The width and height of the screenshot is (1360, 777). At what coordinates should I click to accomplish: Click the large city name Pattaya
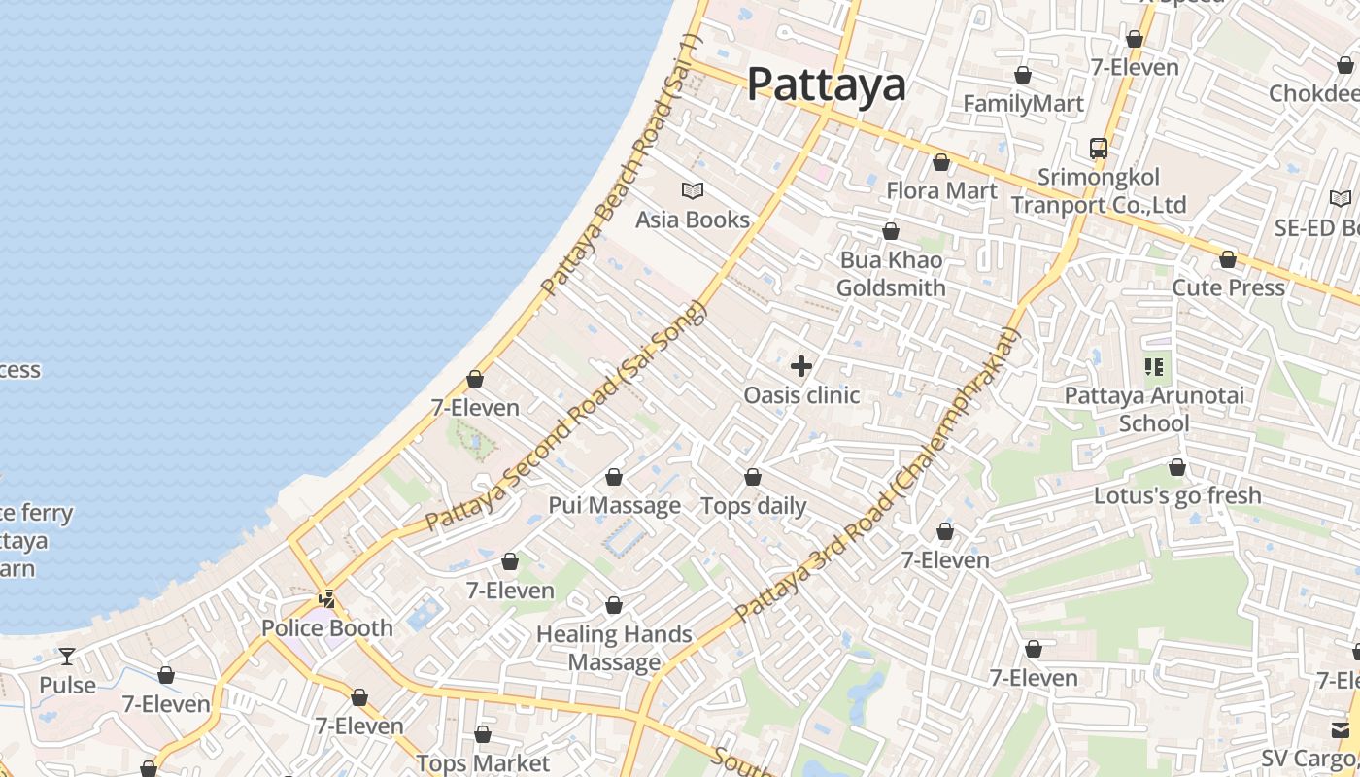826,84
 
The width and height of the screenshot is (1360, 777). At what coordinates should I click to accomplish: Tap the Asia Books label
693,220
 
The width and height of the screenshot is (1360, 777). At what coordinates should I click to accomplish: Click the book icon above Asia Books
693,190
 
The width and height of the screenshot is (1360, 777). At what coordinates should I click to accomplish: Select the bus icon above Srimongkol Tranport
1099,149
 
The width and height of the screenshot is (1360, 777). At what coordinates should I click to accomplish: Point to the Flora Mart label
941,190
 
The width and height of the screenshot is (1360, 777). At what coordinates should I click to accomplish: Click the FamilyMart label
1023,103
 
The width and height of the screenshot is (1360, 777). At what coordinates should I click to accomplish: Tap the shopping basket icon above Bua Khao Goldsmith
891,231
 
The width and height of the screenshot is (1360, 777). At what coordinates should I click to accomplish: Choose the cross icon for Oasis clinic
801,366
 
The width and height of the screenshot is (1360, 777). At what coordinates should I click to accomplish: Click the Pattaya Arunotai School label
1154,409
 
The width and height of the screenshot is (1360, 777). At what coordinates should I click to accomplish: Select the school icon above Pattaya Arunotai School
1154,367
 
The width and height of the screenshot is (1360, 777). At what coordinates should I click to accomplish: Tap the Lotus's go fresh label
1177,495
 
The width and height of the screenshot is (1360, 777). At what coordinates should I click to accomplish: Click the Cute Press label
1228,287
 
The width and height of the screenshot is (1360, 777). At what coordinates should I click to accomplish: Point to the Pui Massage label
614,505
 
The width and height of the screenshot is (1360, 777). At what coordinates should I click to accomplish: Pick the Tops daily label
753,505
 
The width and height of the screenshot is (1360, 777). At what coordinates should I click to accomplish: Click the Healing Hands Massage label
614,648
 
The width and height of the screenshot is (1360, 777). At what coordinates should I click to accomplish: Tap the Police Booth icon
328,599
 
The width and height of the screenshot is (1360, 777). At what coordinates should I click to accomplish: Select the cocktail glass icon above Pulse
67,657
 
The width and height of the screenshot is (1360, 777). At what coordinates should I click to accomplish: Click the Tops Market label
483,763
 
